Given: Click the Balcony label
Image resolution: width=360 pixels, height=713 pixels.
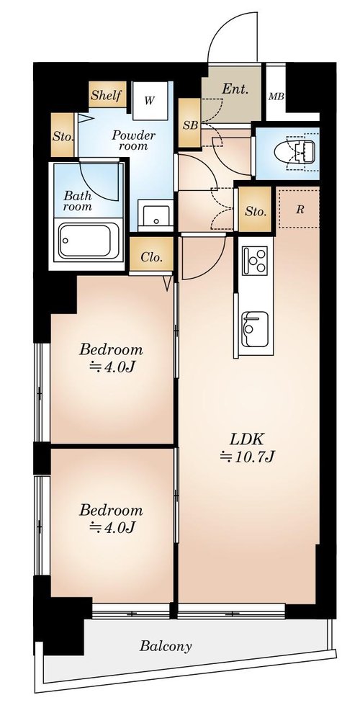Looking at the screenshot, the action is [166, 646].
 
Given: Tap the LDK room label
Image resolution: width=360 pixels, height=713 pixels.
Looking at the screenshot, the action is [247, 439].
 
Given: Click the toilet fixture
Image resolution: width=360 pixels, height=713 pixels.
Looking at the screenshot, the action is [294, 152].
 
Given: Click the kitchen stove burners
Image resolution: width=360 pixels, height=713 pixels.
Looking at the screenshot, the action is [254, 261].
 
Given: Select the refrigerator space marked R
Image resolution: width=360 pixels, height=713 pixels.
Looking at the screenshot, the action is [299, 209].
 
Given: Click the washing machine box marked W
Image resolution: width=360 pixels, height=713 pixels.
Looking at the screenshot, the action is [150, 101].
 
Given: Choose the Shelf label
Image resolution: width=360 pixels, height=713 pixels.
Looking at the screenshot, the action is [107, 95].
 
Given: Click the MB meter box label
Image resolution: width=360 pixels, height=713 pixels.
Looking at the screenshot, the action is [276, 97].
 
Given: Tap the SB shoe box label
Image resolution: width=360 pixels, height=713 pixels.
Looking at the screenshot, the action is [190, 125].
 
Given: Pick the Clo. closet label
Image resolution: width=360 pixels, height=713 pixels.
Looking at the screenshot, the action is [151, 257].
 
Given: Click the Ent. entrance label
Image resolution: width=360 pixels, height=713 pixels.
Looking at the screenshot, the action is [235, 89].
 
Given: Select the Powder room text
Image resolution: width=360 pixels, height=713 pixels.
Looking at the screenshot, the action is [133, 140].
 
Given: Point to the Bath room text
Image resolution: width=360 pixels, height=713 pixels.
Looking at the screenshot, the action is [77, 201].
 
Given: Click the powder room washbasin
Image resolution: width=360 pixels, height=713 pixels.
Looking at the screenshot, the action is [156, 215].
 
